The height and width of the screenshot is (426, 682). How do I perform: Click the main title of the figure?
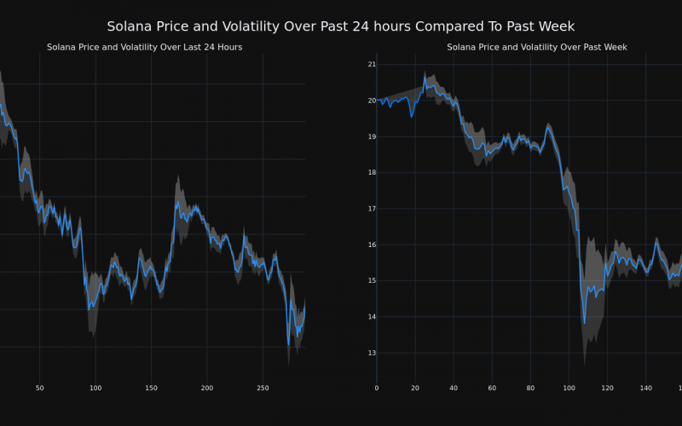tap(341, 26)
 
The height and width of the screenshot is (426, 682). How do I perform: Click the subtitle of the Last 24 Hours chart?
tap(144, 47)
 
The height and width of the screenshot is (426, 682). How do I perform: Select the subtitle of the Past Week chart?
tap(537, 47)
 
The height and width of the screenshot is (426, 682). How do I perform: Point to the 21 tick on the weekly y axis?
tap(371, 64)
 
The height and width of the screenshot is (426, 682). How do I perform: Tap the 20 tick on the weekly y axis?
tap(371, 101)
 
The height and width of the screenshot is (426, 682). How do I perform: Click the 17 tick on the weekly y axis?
tap(371, 209)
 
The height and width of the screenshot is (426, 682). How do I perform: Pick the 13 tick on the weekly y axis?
tap(371, 353)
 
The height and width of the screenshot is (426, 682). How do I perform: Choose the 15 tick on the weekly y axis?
tap(371, 280)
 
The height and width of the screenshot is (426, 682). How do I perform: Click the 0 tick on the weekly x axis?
tap(377, 388)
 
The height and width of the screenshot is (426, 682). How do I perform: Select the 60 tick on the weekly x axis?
tap(492, 388)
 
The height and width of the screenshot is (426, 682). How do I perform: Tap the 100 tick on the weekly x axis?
tap(569, 388)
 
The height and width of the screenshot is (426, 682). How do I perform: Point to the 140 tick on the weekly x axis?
tap(646, 388)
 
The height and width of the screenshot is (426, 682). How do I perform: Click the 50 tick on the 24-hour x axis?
tap(39, 388)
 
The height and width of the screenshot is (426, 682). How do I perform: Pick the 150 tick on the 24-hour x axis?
tap(151, 388)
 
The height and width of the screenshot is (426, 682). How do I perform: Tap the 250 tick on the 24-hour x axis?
tap(263, 388)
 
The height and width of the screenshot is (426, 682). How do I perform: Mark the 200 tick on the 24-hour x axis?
tap(207, 388)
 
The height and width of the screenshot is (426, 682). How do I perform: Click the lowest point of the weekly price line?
tap(585, 323)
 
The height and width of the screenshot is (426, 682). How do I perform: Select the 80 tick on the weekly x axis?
tap(531, 388)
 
